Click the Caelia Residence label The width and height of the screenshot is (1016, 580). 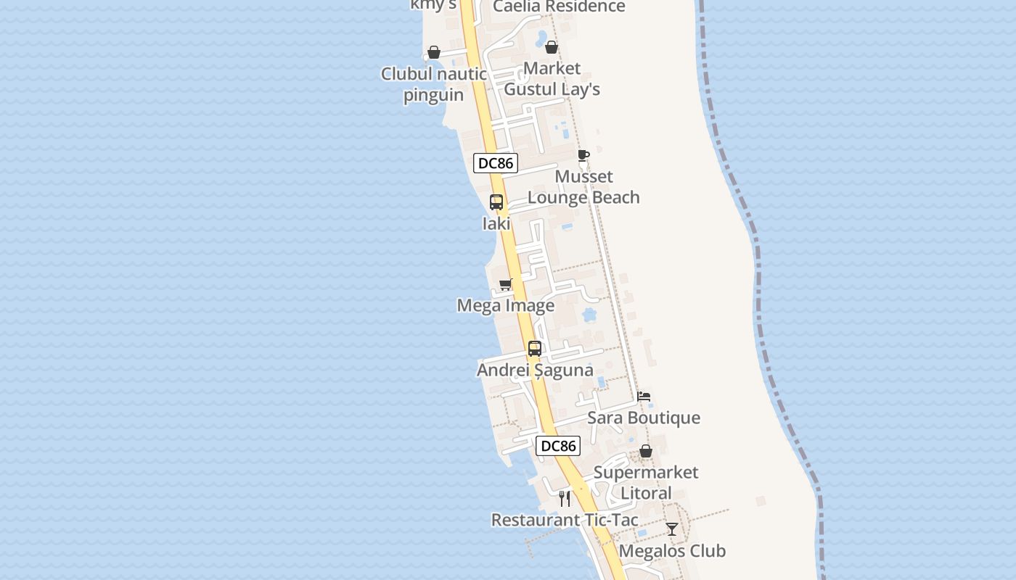(x=559, y=7)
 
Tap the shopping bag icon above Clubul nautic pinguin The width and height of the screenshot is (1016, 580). (x=434, y=52)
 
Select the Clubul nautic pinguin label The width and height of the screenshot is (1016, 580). (x=434, y=84)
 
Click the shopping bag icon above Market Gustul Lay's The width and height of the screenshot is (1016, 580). (x=552, y=47)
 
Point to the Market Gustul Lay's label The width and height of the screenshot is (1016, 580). (x=552, y=79)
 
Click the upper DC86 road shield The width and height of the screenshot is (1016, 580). (x=496, y=163)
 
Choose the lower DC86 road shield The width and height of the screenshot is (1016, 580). (x=558, y=446)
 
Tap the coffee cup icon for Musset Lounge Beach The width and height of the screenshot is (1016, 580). (x=583, y=155)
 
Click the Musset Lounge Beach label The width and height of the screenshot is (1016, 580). (x=583, y=187)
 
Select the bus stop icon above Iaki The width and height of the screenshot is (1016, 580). (x=496, y=202)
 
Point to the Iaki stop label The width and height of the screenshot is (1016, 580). (x=496, y=224)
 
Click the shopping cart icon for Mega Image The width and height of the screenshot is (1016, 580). (x=506, y=284)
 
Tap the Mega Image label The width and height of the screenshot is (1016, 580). (x=506, y=306)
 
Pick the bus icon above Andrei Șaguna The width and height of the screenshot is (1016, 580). (x=535, y=349)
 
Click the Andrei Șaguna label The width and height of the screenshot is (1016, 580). (x=535, y=370)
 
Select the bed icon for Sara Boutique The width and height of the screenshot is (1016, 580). (x=644, y=397)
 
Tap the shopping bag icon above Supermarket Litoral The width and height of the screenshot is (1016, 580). (x=646, y=451)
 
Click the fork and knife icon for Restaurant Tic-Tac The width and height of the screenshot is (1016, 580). (x=565, y=499)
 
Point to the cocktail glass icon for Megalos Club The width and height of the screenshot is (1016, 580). (x=672, y=529)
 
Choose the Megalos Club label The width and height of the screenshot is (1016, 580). (x=672, y=551)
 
